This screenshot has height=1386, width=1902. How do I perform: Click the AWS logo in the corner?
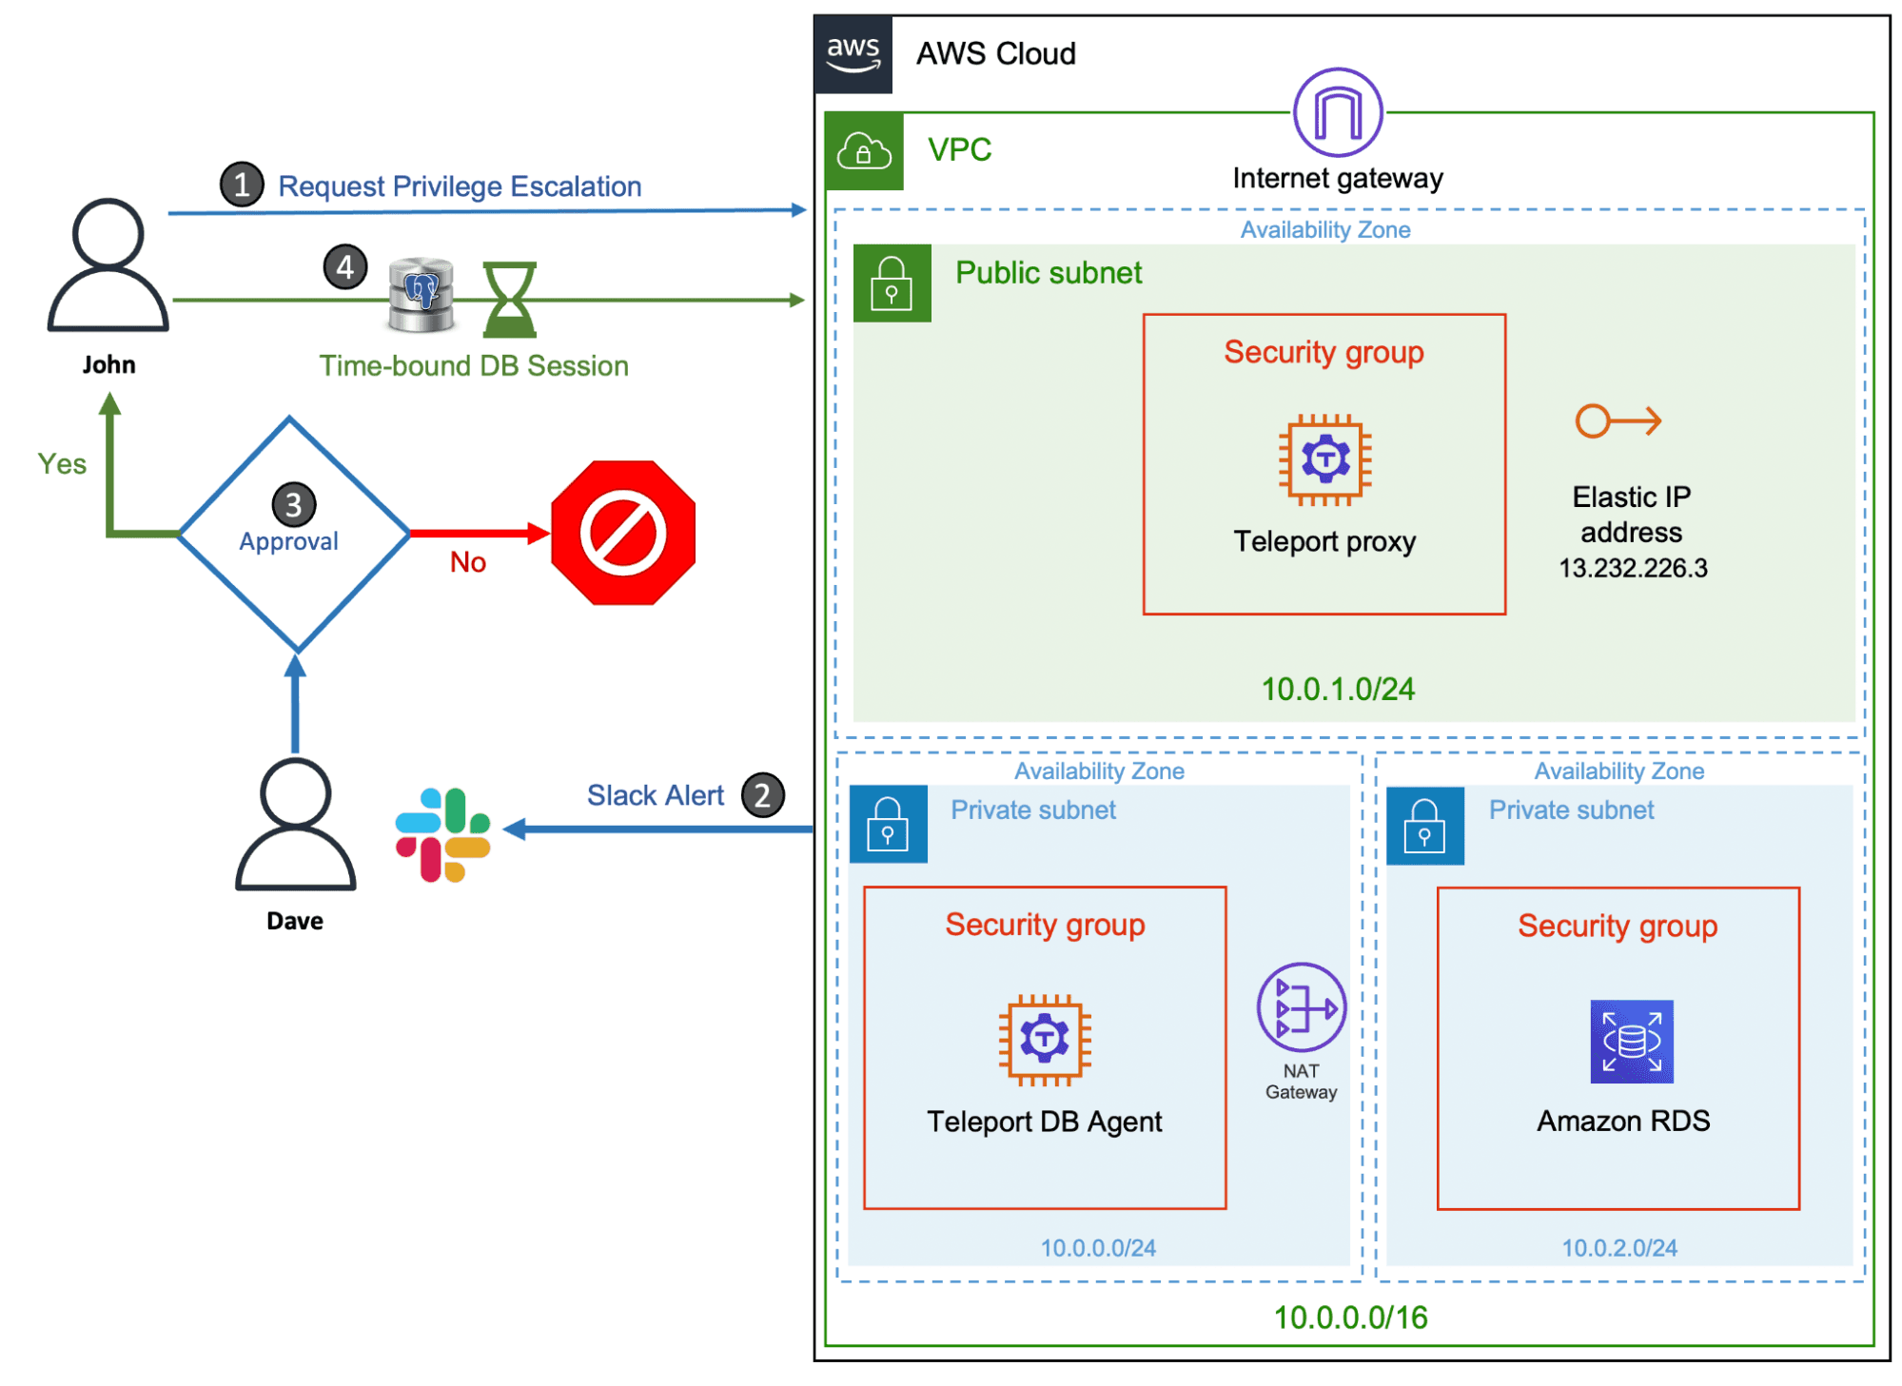853,54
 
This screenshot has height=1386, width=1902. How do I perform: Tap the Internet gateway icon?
1338,112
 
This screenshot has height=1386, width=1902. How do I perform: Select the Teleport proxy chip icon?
1324,459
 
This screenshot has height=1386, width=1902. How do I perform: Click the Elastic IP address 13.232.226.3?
1633,568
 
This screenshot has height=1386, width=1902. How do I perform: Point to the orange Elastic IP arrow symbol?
1618,420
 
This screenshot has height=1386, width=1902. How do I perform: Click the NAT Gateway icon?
1301,1007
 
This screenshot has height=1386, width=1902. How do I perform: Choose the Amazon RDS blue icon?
1631,1041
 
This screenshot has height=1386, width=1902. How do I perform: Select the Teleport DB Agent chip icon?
1045,1039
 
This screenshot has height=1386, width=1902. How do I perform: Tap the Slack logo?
443,834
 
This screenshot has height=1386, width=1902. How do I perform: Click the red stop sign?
623,533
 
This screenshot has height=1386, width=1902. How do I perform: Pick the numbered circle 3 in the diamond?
294,505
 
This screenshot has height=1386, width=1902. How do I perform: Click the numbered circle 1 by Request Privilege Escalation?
242,185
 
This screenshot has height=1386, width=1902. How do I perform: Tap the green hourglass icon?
510,300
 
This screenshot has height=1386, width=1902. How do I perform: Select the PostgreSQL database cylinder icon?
422,295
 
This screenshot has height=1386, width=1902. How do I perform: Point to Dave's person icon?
295,824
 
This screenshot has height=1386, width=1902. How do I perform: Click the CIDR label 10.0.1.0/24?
1338,689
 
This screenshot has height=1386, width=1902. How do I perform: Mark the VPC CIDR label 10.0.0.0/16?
1350,1318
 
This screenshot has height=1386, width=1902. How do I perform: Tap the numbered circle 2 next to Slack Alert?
763,795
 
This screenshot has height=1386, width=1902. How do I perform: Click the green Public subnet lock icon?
892,283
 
